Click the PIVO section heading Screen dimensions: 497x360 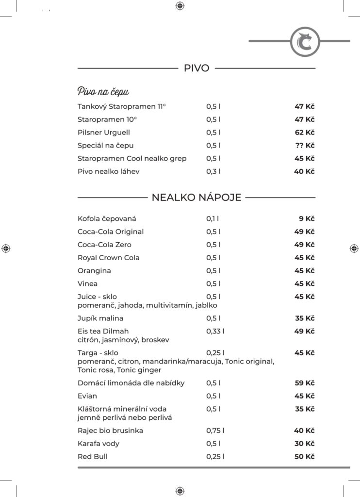pyautogui.click(x=196, y=68)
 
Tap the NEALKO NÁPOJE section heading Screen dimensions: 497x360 pyautogui.click(x=196, y=198)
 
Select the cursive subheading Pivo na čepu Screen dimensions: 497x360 pyautogui.click(x=103, y=91)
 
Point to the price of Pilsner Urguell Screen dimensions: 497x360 pyautogui.click(x=304, y=132)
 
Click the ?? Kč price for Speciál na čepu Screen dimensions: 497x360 pyautogui.click(x=304, y=145)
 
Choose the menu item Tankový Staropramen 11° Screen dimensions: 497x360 pyautogui.click(x=122, y=106)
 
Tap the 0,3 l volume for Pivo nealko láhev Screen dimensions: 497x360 pyautogui.click(x=213, y=171)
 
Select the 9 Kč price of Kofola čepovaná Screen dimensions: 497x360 pyautogui.click(x=307, y=218)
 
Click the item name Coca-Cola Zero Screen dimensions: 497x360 pyautogui.click(x=104, y=245)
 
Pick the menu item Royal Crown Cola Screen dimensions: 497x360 pyautogui.click(x=109, y=258)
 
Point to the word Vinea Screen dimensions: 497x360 pyautogui.click(x=87, y=283)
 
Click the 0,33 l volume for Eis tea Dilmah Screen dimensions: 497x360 pyautogui.click(x=215, y=331)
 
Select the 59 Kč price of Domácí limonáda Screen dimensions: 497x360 pyautogui.click(x=304, y=383)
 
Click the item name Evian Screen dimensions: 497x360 pyautogui.click(x=87, y=396)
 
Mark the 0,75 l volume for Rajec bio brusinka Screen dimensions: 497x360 pyautogui.click(x=215, y=431)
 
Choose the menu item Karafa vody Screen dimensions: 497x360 pyautogui.click(x=98, y=444)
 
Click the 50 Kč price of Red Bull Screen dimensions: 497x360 pyautogui.click(x=304, y=457)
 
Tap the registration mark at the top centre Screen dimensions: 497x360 pyautogui.click(x=180, y=6)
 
